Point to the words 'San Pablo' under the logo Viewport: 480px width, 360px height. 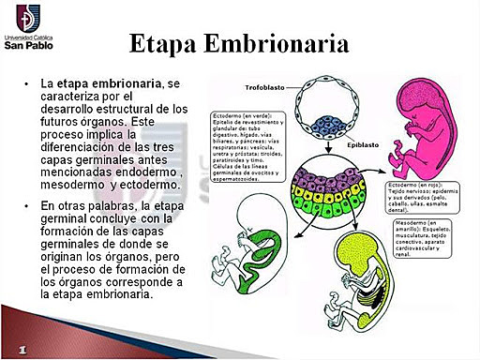click(x=29, y=43)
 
